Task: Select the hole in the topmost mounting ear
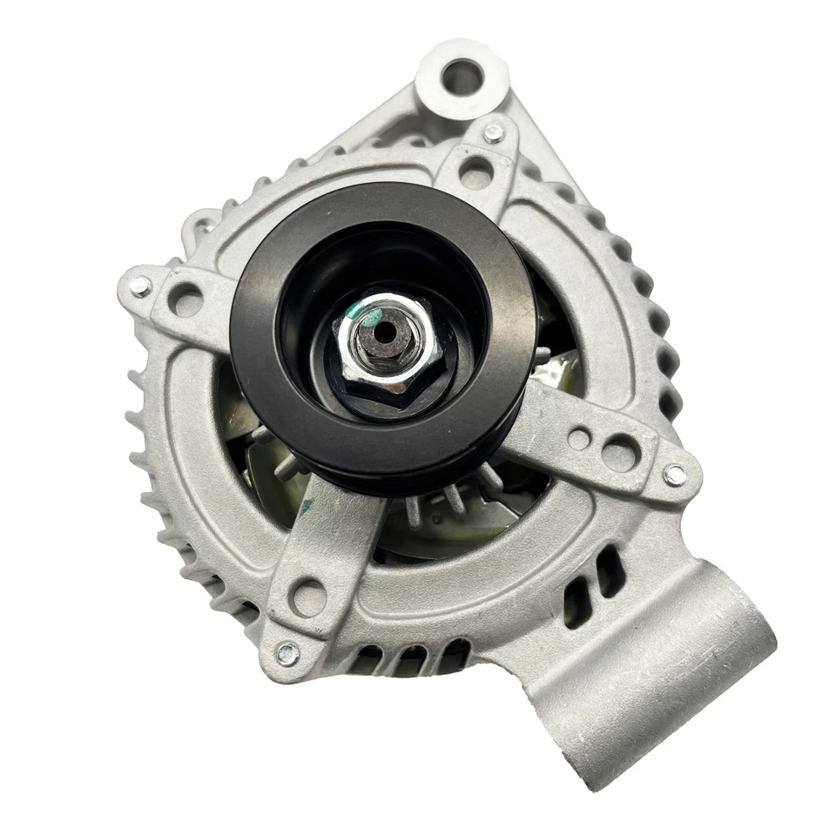click(x=461, y=78)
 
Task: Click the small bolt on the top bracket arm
click(x=493, y=133)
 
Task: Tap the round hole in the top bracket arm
click(x=476, y=171)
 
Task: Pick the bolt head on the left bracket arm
click(x=140, y=285)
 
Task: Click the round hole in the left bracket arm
click(x=185, y=302)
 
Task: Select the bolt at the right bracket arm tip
click(x=674, y=475)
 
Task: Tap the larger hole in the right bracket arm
click(x=619, y=453)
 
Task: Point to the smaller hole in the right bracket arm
click(x=578, y=439)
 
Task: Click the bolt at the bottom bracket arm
click(x=287, y=652)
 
